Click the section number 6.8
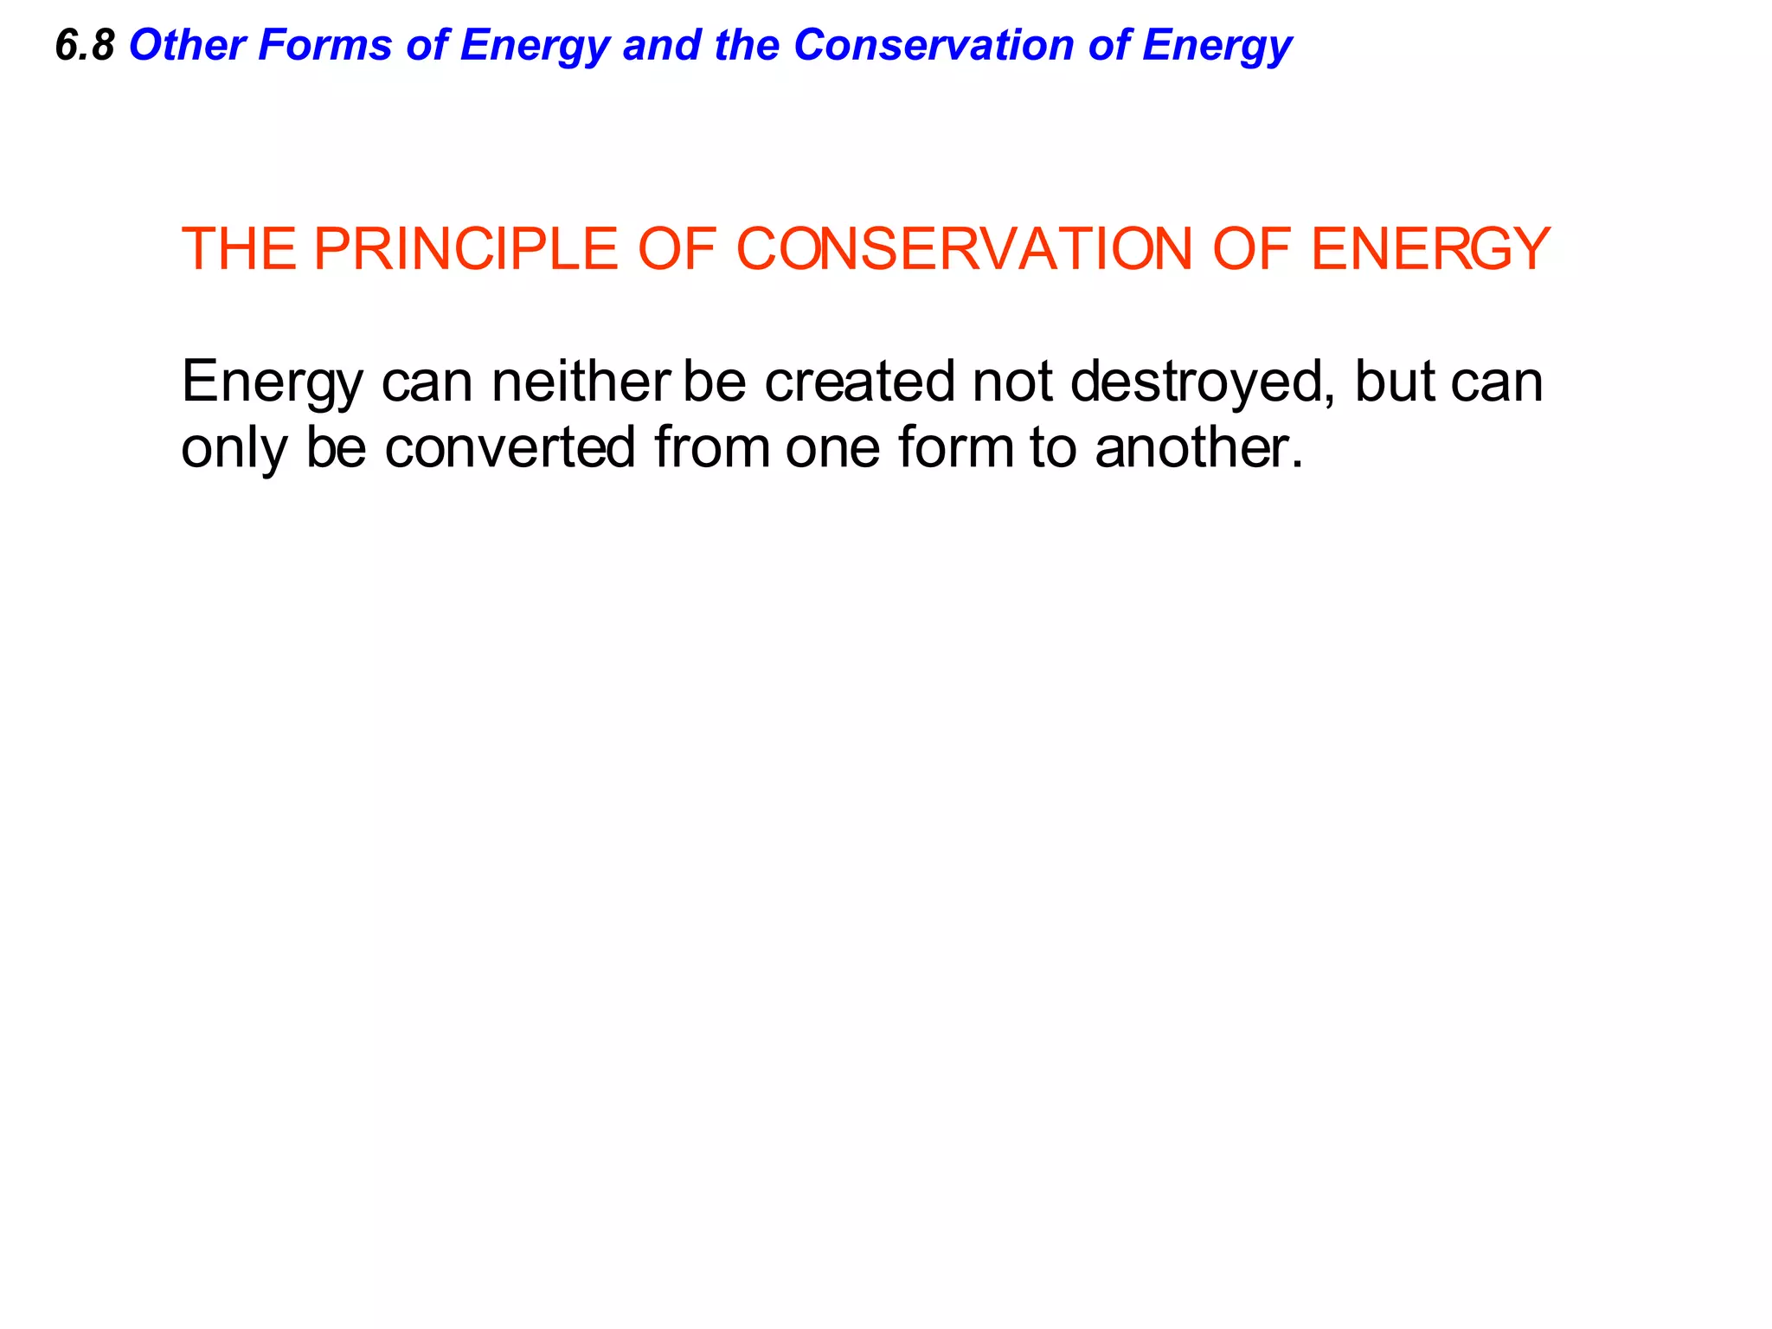(x=84, y=45)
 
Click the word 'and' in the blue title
(x=662, y=45)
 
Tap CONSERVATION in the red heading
(x=964, y=249)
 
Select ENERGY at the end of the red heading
(x=1430, y=249)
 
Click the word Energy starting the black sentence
(x=273, y=382)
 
